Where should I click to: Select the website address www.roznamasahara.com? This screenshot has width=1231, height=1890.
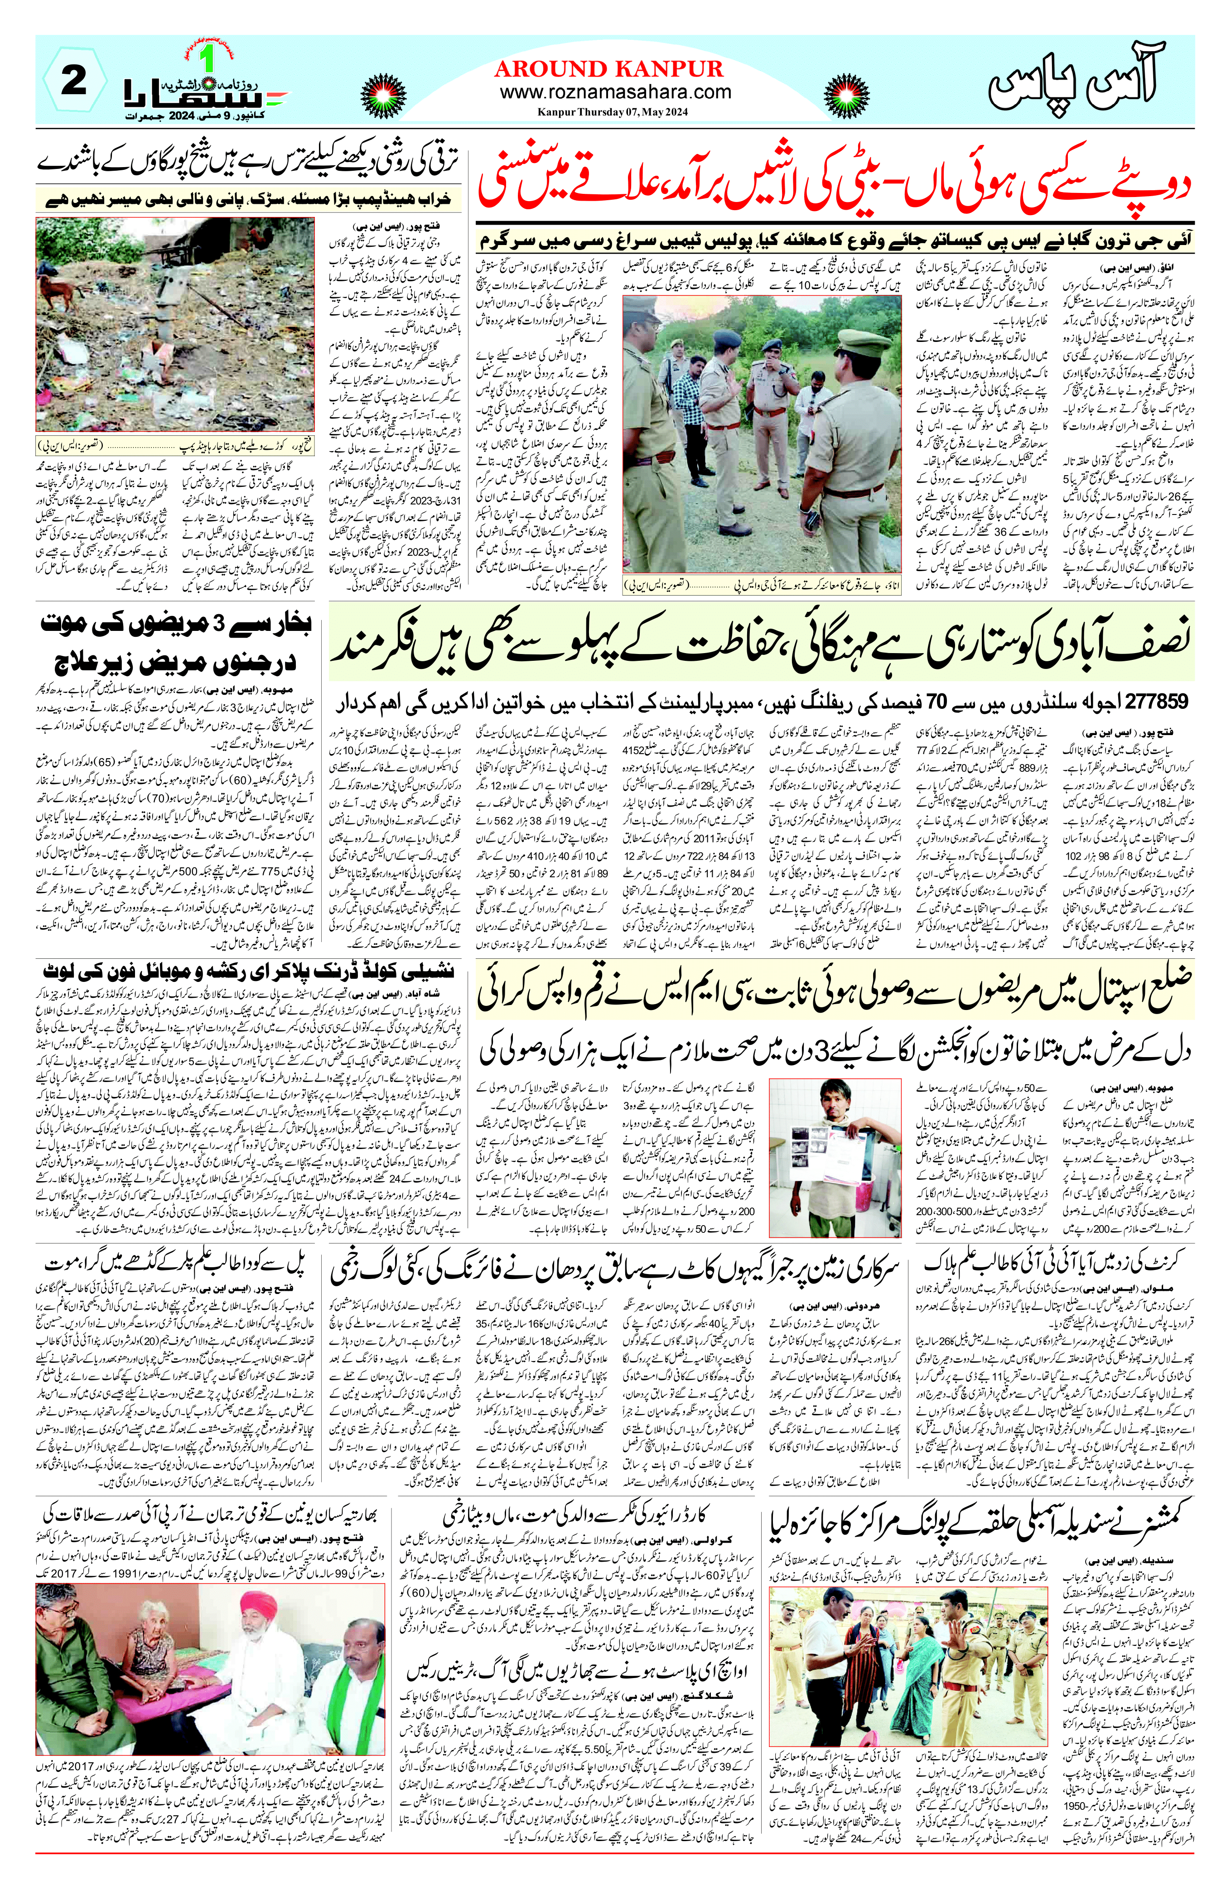[615, 92]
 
